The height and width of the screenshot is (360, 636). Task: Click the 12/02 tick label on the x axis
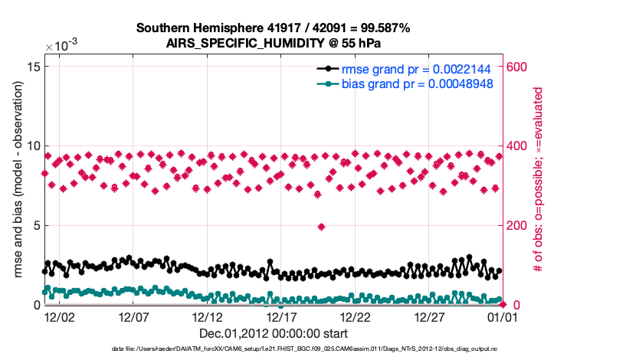60,316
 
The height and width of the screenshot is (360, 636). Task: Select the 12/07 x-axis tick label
133,316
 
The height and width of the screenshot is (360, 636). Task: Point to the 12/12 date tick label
207,316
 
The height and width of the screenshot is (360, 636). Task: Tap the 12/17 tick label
281,316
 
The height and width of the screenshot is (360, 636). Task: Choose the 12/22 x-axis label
355,316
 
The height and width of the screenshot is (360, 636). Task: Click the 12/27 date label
429,316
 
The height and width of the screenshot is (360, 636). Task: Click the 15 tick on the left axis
33,67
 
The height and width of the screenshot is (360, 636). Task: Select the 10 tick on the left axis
33,146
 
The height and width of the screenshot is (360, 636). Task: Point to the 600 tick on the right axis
519,67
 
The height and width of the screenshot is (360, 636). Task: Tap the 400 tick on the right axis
519,146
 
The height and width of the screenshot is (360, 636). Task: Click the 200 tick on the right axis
519,226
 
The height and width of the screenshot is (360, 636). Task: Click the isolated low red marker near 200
322,227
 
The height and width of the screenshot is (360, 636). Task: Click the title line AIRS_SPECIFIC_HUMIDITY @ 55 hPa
274,44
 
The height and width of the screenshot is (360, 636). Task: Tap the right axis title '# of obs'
539,181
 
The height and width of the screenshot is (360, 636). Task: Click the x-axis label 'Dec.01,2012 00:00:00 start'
274,333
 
